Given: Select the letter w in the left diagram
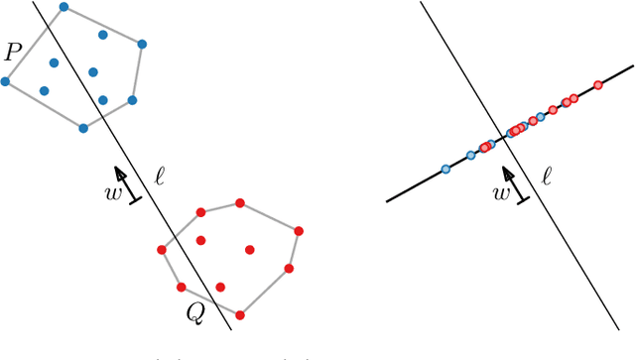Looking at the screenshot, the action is pos(113,192).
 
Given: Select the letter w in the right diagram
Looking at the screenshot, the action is pos(502,192).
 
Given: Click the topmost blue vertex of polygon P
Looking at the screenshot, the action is pos(63,7).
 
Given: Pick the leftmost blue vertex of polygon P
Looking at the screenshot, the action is pos(5,81).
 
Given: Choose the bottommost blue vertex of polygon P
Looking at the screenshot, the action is pos(83,128).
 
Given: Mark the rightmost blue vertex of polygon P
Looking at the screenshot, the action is pos(142,44).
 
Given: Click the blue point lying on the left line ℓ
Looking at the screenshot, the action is pos(103,100).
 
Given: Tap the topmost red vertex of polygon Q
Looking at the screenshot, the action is pos(240,203).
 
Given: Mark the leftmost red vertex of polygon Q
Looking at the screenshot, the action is pos(162,250).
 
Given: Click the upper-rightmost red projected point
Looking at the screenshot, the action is pos(597,85).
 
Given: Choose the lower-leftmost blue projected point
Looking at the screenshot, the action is pos(445,170).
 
